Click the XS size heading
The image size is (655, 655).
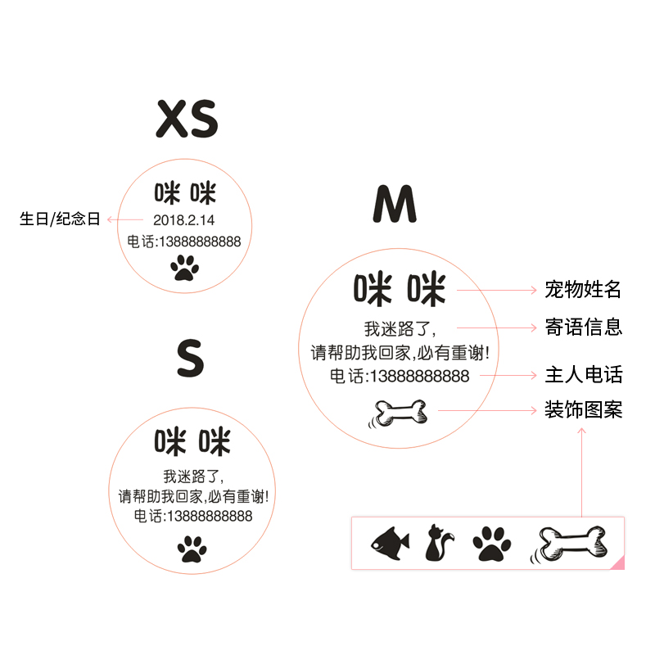point(187,120)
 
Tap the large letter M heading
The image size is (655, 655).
point(395,204)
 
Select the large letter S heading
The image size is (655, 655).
point(190,359)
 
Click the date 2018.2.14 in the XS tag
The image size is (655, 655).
point(183,219)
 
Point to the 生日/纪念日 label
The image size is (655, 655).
point(60,219)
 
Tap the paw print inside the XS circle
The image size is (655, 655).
point(184,267)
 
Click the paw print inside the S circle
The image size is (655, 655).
point(192,549)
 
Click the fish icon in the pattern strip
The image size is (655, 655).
point(390,543)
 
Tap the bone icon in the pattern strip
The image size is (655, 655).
point(572,543)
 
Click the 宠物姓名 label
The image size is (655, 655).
point(584,289)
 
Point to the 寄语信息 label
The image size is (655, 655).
point(584,327)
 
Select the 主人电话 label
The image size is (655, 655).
point(584,374)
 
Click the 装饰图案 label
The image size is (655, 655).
point(584,409)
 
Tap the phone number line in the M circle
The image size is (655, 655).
point(400,376)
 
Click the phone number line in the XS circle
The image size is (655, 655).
point(184,242)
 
